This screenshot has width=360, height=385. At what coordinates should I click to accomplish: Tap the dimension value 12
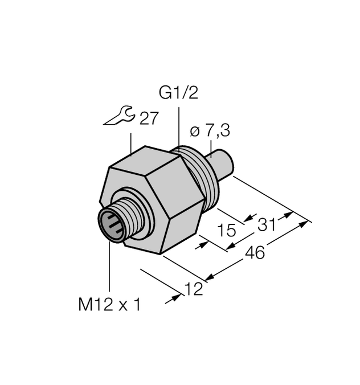tap(194, 290)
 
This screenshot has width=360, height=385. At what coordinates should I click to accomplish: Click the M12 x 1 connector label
tap(108, 305)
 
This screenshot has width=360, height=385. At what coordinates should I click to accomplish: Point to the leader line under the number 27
tap(132, 142)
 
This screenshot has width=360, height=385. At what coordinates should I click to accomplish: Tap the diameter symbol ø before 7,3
tap(193, 132)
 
